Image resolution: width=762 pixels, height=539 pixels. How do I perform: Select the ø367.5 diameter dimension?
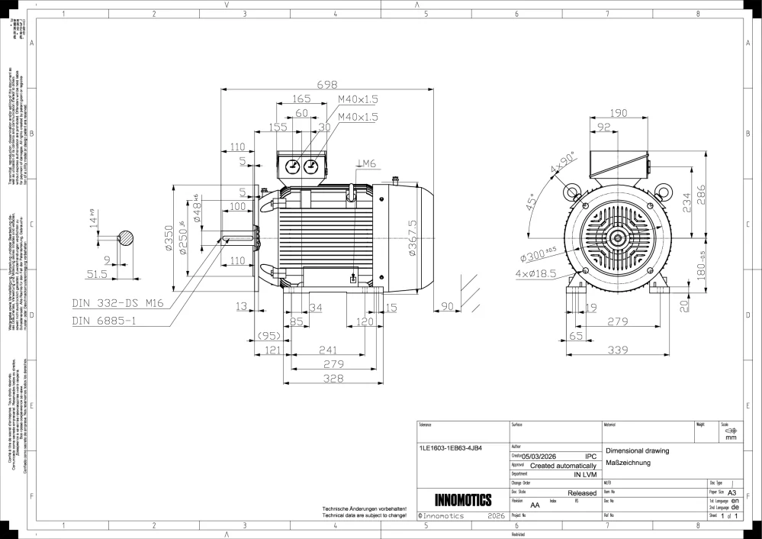pyautogui.click(x=413, y=237)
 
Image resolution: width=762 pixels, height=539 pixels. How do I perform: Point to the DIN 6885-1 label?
pyautogui.click(x=104, y=321)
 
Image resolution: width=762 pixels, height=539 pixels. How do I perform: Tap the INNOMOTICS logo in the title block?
pyautogui.click(x=462, y=501)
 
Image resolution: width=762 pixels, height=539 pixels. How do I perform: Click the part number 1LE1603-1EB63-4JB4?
pyautogui.click(x=451, y=448)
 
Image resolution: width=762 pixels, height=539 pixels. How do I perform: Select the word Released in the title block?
pyautogui.click(x=582, y=493)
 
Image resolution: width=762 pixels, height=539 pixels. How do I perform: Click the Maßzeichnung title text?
pyautogui.click(x=627, y=463)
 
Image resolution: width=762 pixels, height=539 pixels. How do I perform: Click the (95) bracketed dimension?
pyautogui.click(x=268, y=335)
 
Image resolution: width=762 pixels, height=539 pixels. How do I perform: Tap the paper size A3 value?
pyautogui.click(x=732, y=493)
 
